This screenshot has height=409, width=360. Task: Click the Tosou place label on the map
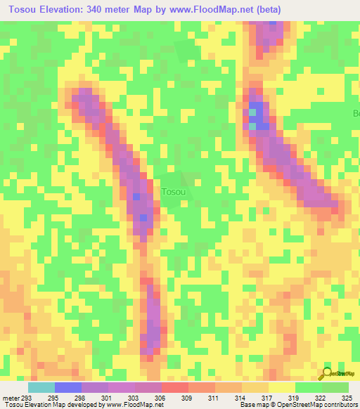pyautogui.click(x=174, y=192)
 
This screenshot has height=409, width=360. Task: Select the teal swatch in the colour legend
pyautogui.click(x=41, y=387)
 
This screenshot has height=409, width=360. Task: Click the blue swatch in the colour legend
pyautogui.click(x=68, y=387)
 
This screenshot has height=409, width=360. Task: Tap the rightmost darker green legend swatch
pyautogui.click(x=335, y=387)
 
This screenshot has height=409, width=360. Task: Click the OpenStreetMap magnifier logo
pyautogui.click(x=327, y=375)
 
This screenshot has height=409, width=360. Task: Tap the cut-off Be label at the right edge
pyautogui.click(x=356, y=113)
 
